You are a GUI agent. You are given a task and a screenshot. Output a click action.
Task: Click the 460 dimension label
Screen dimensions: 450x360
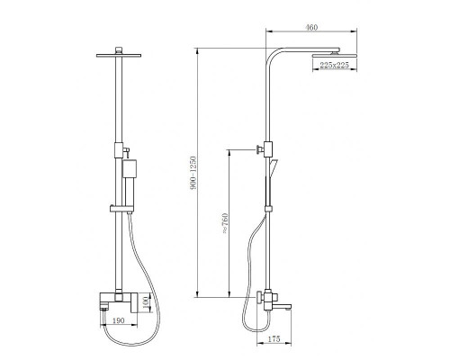point(311,27)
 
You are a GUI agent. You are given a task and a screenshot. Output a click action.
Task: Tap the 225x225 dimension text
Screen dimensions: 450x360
point(334,65)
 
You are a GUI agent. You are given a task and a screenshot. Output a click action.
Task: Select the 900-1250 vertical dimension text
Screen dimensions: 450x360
point(193,173)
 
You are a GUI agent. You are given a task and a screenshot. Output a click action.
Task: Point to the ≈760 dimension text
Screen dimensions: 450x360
point(225,223)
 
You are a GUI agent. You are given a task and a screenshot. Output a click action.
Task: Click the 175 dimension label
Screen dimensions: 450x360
point(274,339)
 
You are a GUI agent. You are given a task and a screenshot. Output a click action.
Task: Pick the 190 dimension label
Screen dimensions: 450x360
point(118,320)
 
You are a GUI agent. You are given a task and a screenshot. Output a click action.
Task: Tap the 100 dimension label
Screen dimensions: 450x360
point(146,302)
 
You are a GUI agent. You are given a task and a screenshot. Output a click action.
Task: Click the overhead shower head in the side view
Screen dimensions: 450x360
point(335,56)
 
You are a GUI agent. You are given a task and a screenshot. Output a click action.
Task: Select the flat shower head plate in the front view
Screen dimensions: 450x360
point(119,55)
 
